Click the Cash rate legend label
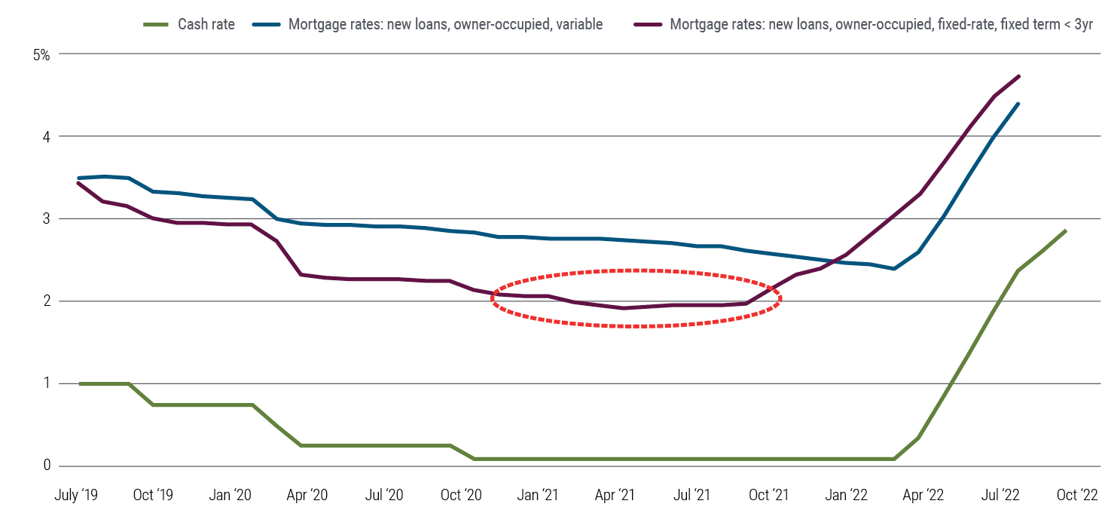click(x=206, y=24)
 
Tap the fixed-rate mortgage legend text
click(x=881, y=24)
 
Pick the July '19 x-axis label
click(x=76, y=496)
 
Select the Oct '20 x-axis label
click(x=461, y=496)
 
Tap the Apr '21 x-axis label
click(x=615, y=496)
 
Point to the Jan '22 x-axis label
click(x=847, y=496)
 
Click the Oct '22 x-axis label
click(x=1077, y=496)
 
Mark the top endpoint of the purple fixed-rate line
click(x=1019, y=76)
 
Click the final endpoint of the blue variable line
click(x=1019, y=104)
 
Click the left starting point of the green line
click(x=80, y=383)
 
